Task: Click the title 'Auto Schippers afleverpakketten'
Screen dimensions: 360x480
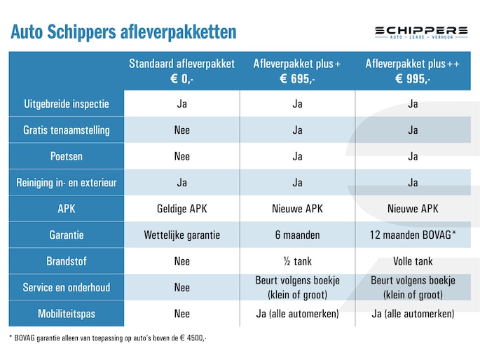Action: coord(123,32)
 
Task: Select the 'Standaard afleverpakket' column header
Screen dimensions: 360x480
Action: coord(181,64)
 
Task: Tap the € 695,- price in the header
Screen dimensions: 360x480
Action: coord(297,79)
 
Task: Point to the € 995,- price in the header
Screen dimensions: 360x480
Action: coord(412,79)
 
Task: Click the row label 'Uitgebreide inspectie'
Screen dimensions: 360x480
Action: coord(67,104)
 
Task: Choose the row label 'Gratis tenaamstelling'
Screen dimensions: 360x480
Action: coord(67,130)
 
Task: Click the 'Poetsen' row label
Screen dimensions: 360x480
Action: coord(67,156)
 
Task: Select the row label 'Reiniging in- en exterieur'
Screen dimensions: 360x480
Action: coord(67,183)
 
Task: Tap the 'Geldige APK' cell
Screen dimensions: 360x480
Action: coord(181,209)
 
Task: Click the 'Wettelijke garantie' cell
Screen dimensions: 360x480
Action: coord(181,235)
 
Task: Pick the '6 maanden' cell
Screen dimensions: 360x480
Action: coord(297,235)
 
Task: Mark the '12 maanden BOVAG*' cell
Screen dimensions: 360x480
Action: coord(412,235)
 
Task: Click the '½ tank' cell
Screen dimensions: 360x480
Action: coord(297,261)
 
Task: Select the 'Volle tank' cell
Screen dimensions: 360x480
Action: coord(412,261)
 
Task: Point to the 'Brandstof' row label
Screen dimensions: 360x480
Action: coord(67,261)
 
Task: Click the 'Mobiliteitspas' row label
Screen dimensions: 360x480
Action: coord(67,314)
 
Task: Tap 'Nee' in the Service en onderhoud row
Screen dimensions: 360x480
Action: coord(181,287)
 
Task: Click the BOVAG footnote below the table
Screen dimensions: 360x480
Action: coord(108,338)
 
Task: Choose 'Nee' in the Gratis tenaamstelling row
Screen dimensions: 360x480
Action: coord(181,130)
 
